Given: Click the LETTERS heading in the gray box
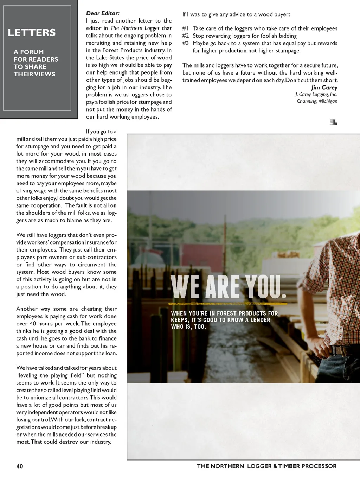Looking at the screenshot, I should pyautogui.click(x=32, y=33).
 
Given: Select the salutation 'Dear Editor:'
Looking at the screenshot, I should pyautogui.click(x=103, y=13).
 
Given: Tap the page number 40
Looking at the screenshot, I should pyautogui.click(x=20, y=466).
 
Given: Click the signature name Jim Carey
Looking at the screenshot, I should pyautogui.click(x=324, y=88).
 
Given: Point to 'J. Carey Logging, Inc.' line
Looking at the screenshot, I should pyautogui.click(x=316, y=94).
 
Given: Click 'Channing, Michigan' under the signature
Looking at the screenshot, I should pyautogui.click(x=317, y=101).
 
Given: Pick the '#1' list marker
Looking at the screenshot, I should pyautogui.click(x=185, y=28).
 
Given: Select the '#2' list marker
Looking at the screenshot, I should pyautogui.click(x=185, y=36).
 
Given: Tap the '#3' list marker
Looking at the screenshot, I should pyautogui.click(x=185, y=43).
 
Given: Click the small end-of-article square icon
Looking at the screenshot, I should pyautogui.click(x=333, y=122).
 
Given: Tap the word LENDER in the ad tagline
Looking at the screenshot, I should pyautogui.click(x=261, y=320).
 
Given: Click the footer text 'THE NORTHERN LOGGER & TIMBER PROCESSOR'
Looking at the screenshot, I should pyautogui.click(x=266, y=466).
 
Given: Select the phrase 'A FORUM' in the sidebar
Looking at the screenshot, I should pyautogui.click(x=28, y=52).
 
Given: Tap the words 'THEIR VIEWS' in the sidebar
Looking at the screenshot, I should pyautogui.click(x=34, y=74).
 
